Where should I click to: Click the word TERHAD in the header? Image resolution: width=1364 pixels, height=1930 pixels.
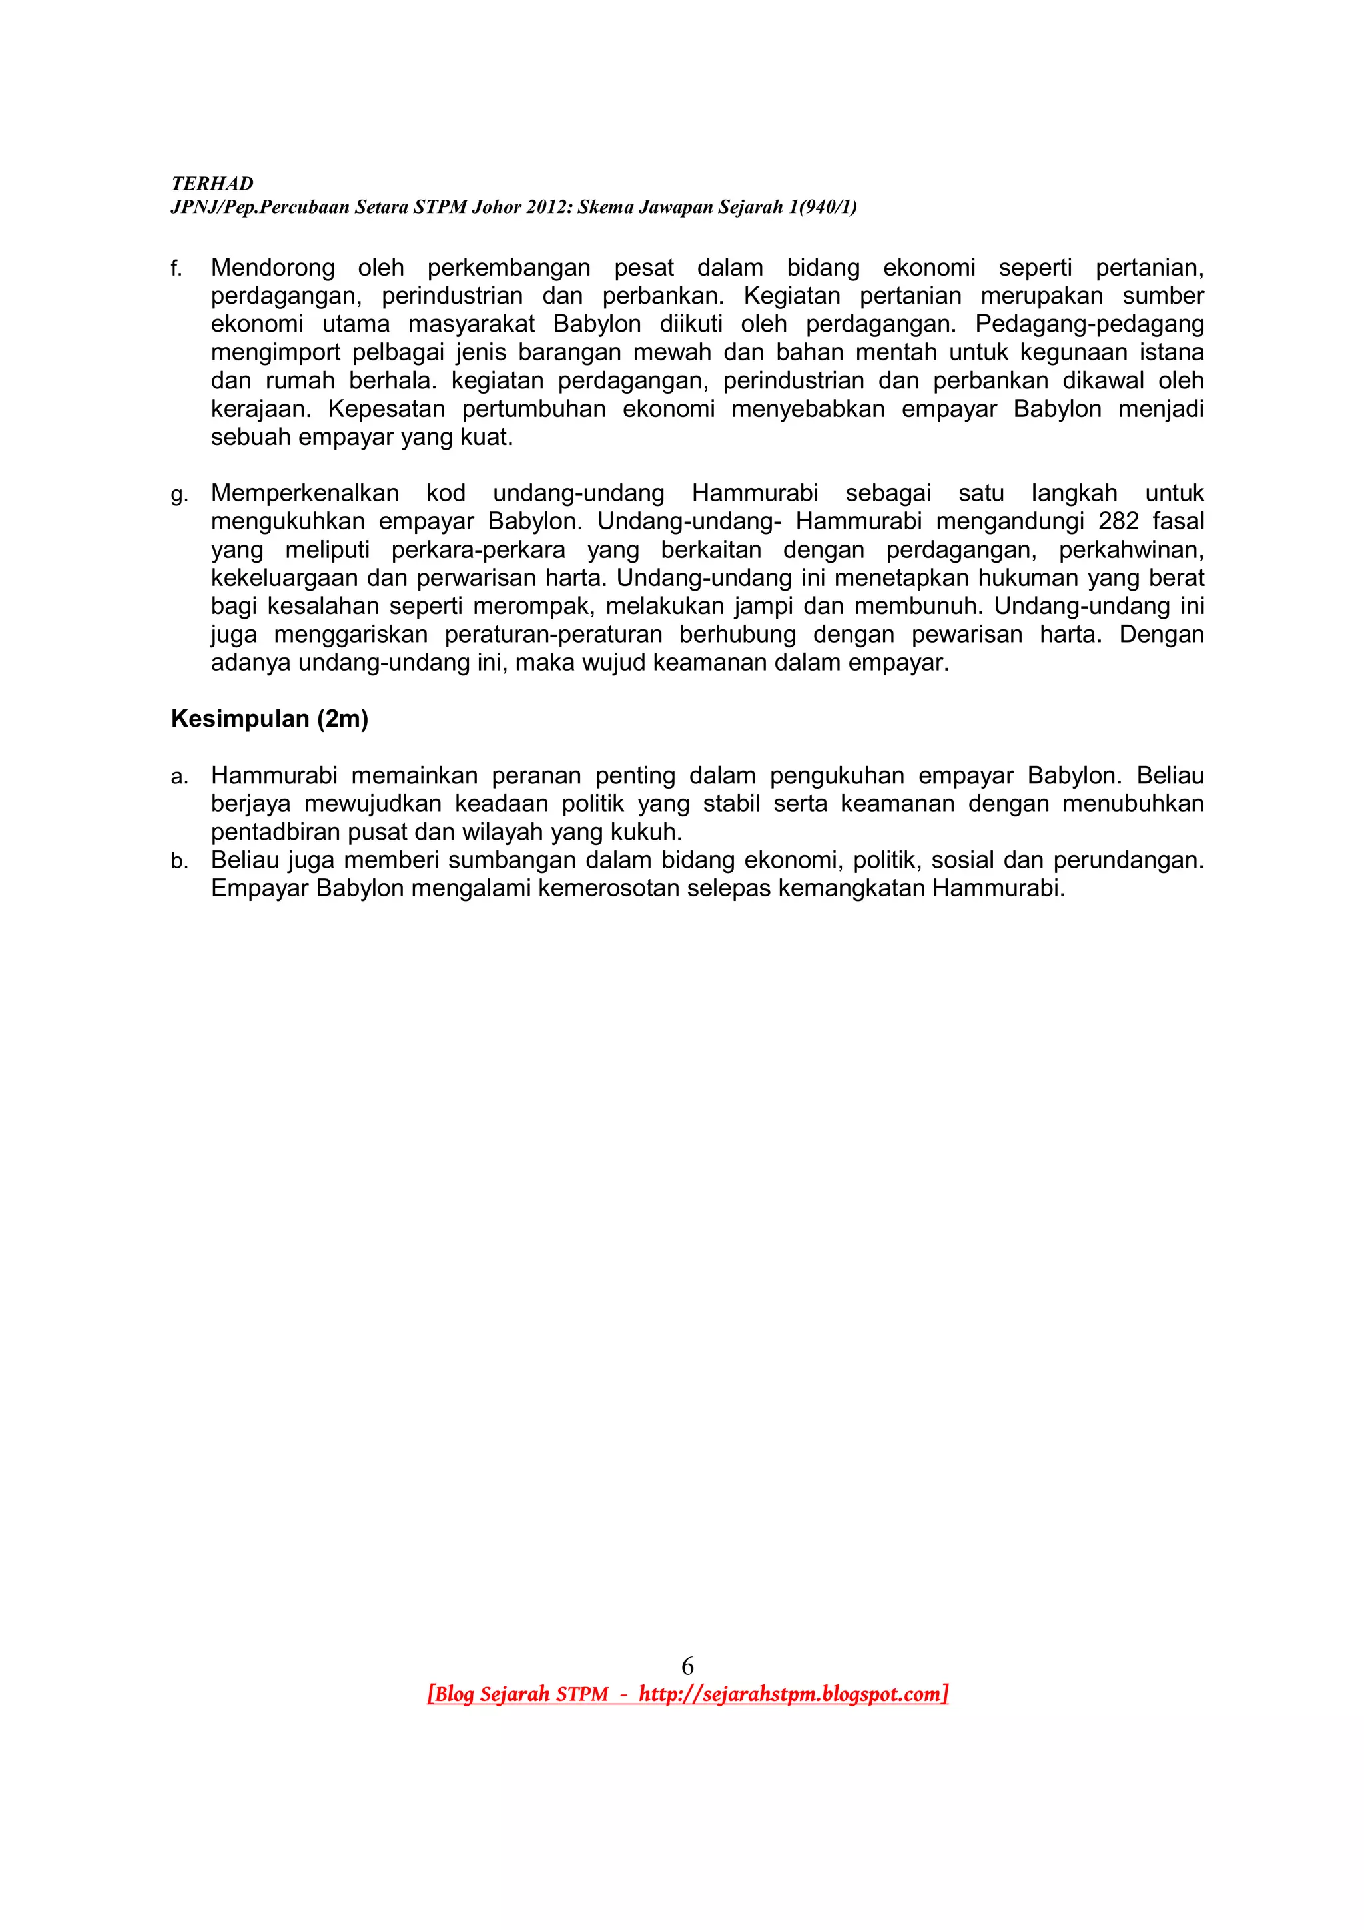(212, 184)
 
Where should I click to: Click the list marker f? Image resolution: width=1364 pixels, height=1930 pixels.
(176, 269)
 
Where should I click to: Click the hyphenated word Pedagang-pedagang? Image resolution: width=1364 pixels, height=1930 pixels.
(1089, 324)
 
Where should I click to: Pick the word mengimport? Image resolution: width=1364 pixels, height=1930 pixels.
(275, 352)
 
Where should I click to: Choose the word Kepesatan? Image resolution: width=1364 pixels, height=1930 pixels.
(386, 410)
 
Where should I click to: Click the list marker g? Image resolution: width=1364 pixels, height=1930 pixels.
(178, 495)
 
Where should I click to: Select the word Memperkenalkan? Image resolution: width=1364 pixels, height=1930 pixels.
(304, 493)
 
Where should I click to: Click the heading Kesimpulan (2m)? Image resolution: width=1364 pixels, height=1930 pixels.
(270, 719)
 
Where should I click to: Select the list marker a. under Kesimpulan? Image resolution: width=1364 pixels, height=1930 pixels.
(178, 777)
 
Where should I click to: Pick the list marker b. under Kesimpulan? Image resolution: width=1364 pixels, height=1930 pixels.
(178, 862)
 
